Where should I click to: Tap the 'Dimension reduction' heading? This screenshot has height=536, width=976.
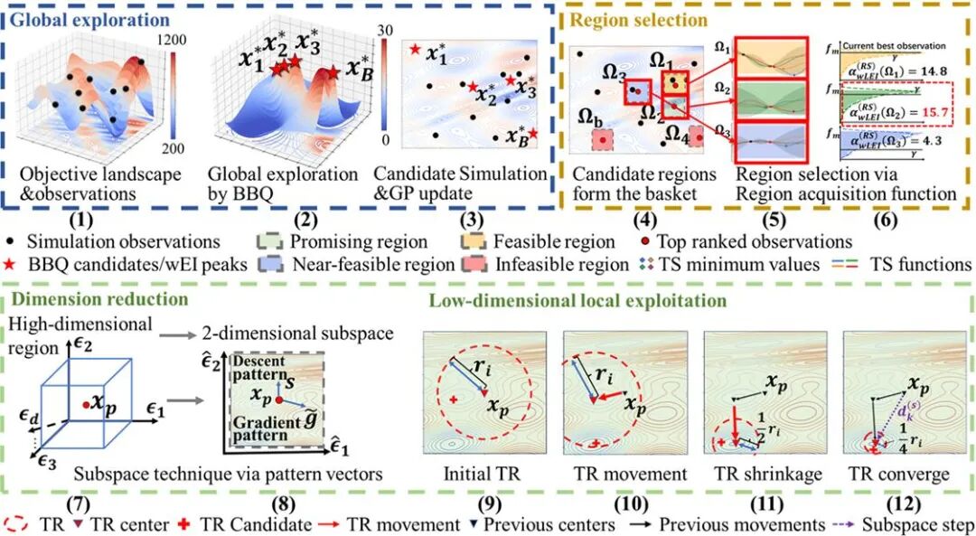point(79,297)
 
